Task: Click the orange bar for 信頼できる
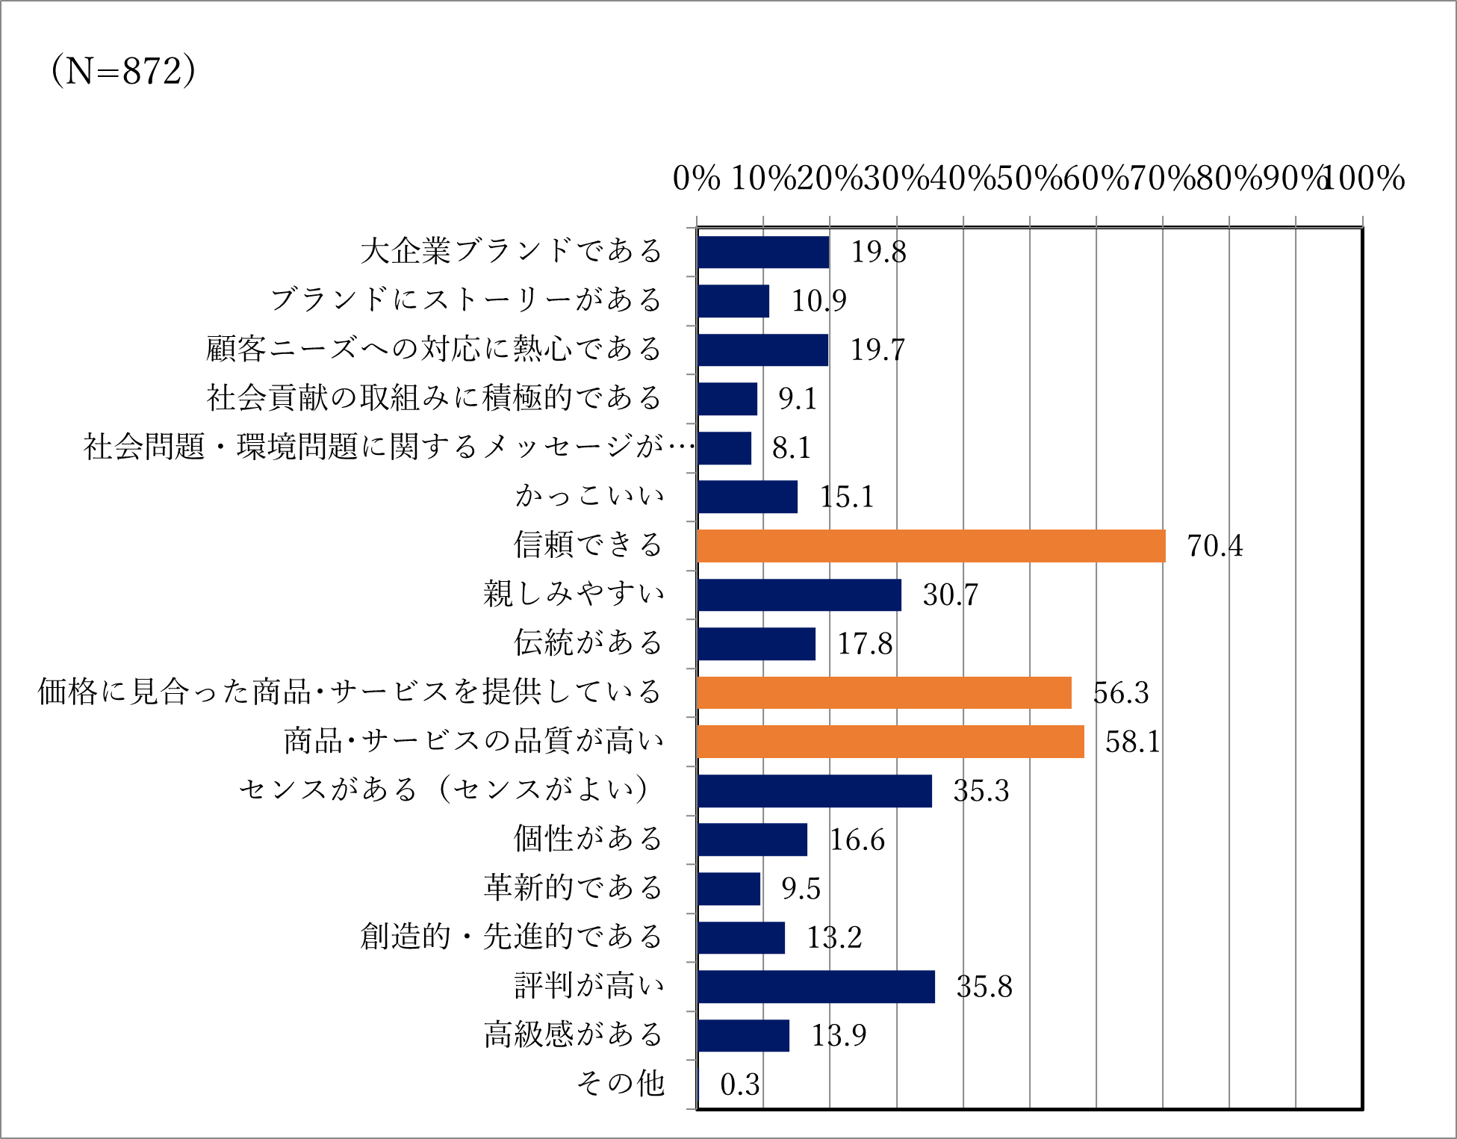coord(931,546)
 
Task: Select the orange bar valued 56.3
coord(883,692)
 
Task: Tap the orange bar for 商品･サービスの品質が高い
coord(890,742)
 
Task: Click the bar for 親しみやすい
coord(799,595)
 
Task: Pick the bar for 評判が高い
coord(816,987)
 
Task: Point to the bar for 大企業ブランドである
coord(762,252)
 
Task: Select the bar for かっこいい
coord(747,497)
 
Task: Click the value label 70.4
coord(1214,546)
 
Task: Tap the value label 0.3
coord(739,1084)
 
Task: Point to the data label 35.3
coord(981,791)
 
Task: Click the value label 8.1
coord(791,448)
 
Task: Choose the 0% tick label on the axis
coord(696,179)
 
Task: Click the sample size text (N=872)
coord(123,71)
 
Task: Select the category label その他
coord(620,1083)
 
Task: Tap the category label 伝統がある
coord(588,642)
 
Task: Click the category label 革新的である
coord(573,887)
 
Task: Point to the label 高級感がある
coord(573,1034)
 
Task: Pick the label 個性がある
coord(588,839)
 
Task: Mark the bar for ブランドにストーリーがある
coord(733,301)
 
